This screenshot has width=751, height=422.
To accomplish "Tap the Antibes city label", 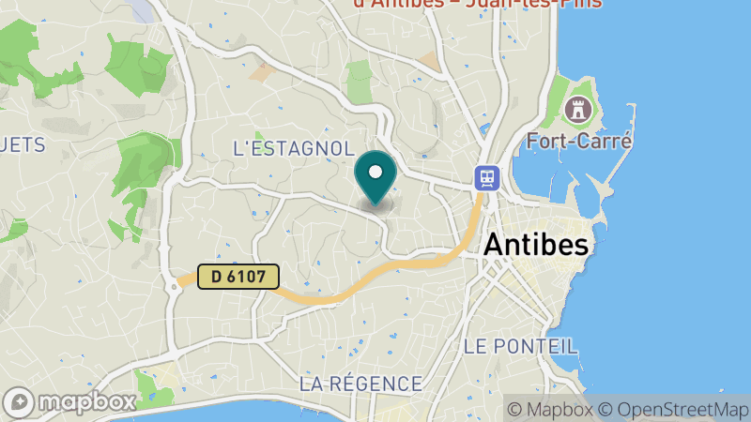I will [x=536, y=246].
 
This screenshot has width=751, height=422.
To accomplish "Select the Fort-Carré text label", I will [x=579, y=142].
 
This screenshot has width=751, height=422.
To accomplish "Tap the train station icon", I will [x=487, y=176].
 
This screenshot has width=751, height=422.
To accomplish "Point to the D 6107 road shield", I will [x=238, y=277].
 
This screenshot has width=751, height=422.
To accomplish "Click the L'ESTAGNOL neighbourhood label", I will [x=293, y=149].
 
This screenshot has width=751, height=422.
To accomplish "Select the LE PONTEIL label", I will [x=513, y=346].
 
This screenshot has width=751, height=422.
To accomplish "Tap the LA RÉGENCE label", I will [x=360, y=384].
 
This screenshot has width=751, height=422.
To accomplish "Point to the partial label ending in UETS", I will [x=23, y=145].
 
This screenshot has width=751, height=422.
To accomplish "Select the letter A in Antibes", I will [x=494, y=246].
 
